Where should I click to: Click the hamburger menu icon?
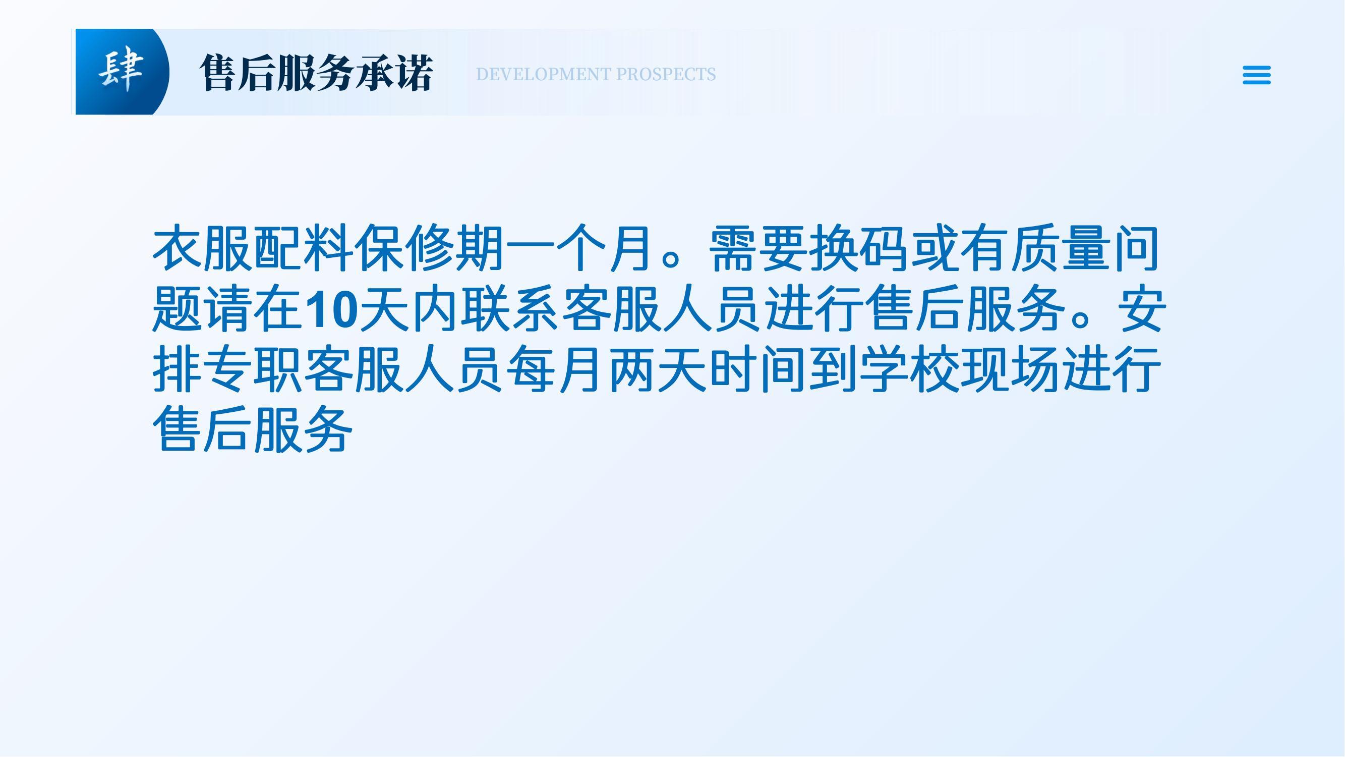(1256, 75)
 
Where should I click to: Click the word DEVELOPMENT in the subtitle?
(544, 75)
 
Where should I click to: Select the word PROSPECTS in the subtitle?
(666, 75)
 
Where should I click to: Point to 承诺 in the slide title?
(395, 73)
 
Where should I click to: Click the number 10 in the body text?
(331, 310)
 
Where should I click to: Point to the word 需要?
(757, 249)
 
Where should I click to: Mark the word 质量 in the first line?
(1061, 249)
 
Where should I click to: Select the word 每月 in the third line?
(556, 369)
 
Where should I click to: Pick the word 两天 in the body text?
(657, 369)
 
